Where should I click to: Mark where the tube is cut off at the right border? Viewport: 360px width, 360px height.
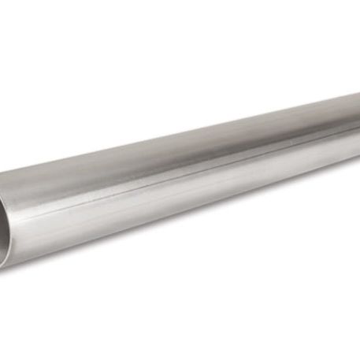click(x=357, y=126)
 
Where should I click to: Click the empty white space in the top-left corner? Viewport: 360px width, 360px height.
click(x=32, y=32)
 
